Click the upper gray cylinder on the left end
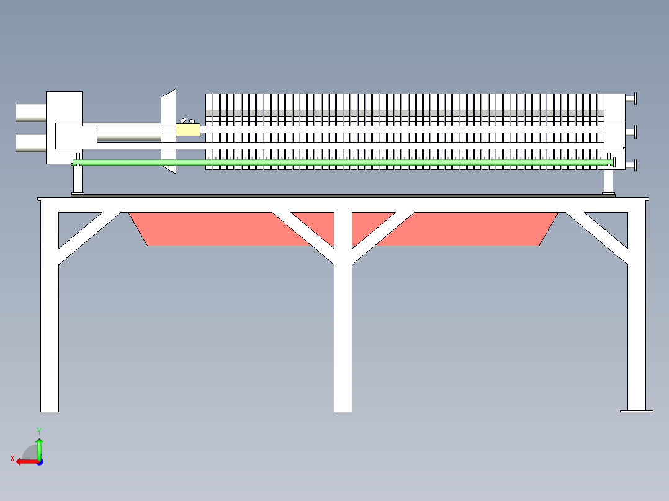point(30,112)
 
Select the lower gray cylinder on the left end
point(30,143)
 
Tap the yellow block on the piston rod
point(188,130)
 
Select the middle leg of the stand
point(343,335)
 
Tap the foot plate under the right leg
point(637,410)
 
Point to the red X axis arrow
point(25,461)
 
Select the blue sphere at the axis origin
point(39,461)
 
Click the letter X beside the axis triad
point(12,458)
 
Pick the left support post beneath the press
point(78,180)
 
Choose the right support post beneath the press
point(609,180)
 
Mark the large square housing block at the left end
point(65,109)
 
